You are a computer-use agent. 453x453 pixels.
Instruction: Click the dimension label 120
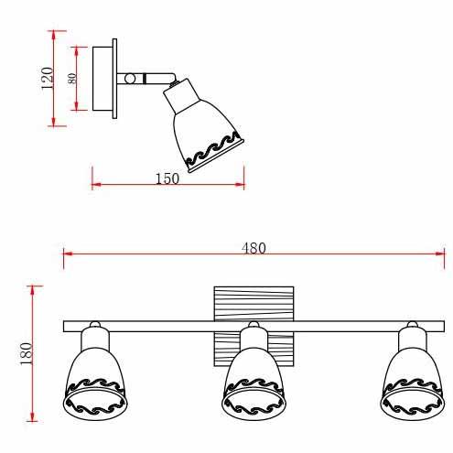pyautogui.click(x=47, y=78)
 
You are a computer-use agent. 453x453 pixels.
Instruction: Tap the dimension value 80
pyautogui.click(x=72, y=79)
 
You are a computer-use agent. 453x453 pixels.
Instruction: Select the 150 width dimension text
pyautogui.click(x=167, y=178)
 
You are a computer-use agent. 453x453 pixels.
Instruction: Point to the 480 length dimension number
pyautogui.click(x=253, y=248)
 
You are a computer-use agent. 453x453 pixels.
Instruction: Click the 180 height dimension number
pyautogui.click(x=26, y=353)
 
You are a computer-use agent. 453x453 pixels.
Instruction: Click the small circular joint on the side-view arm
pyautogui.click(x=130, y=79)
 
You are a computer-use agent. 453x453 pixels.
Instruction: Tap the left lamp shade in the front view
pyautogui.click(x=95, y=383)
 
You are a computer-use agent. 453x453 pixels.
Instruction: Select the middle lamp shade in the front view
pyautogui.click(x=253, y=383)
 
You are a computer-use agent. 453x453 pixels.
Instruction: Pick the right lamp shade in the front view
pyautogui.click(x=412, y=383)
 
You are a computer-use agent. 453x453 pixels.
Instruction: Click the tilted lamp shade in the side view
pyautogui.click(x=204, y=126)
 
